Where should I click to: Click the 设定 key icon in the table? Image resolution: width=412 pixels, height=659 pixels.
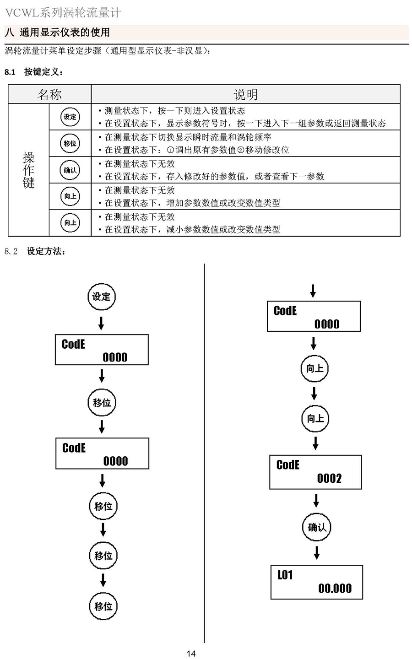click(70, 117)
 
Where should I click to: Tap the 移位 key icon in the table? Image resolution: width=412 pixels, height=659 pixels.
click(70, 143)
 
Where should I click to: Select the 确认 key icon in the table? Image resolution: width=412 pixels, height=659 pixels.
click(70, 170)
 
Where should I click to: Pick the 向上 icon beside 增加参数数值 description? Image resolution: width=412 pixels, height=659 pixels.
click(70, 196)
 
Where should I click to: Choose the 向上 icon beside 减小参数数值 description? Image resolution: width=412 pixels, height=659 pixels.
click(70, 223)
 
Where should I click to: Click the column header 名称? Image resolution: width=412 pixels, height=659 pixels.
click(49, 95)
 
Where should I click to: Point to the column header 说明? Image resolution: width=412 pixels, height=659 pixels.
click(245, 95)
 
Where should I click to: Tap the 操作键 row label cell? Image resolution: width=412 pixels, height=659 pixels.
click(28, 170)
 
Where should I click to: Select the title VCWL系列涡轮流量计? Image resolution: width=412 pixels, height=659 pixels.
click(63, 12)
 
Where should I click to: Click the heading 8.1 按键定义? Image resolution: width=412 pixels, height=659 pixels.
click(34, 72)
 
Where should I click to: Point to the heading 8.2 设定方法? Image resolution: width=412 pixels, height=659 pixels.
click(35, 251)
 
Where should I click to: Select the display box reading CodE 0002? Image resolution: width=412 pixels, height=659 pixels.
click(315, 472)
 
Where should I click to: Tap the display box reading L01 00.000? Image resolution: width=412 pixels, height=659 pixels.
click(317, 582)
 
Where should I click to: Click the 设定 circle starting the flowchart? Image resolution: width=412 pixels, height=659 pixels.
click(101, 297)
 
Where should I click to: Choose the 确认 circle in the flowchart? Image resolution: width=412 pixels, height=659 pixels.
click(316, 527)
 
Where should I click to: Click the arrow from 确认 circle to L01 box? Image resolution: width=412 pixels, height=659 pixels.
click(316, 553)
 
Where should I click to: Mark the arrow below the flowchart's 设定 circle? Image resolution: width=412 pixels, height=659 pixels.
click(101, 323)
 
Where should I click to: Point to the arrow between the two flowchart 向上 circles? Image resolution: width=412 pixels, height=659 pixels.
click(314, 393)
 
